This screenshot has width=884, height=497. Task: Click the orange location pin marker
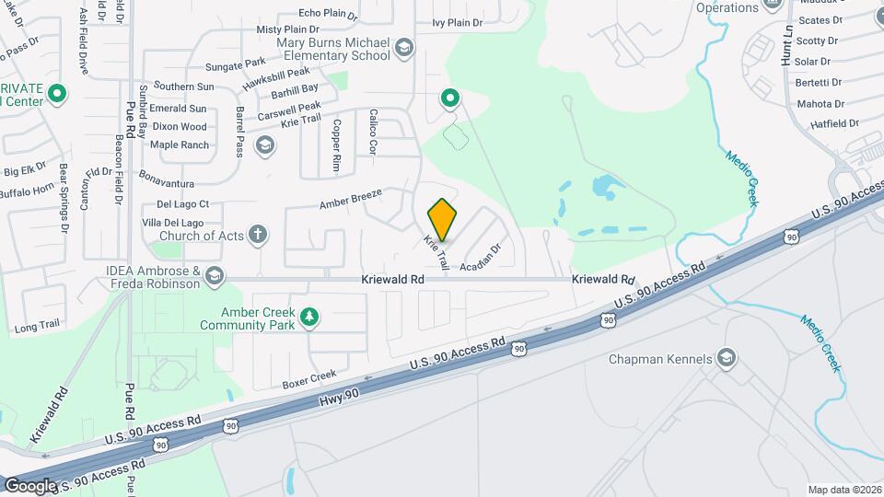(443, 219)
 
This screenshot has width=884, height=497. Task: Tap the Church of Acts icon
(258, 235)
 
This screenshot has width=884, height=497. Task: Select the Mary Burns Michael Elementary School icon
(403, 48)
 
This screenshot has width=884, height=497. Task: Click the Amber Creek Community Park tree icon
(311, 318)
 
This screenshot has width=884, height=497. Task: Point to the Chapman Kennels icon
(727, 358)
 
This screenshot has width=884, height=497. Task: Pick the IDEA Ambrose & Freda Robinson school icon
(215, 276)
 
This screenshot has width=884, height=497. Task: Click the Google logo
(30, 485)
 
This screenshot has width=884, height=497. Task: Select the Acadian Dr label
(481, 256)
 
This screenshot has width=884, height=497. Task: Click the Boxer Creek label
(309, 378)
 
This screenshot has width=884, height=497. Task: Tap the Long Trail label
(37, 326)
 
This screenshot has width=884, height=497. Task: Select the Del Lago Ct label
(183, 203)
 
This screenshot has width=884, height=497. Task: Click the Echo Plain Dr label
(328, 13)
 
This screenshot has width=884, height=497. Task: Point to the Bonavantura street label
(167, 172)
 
